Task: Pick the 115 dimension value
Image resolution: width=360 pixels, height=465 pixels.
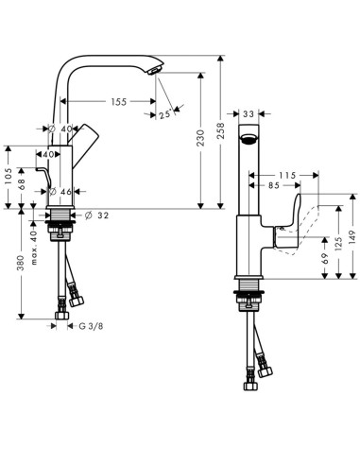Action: click(x=288, y=175)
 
